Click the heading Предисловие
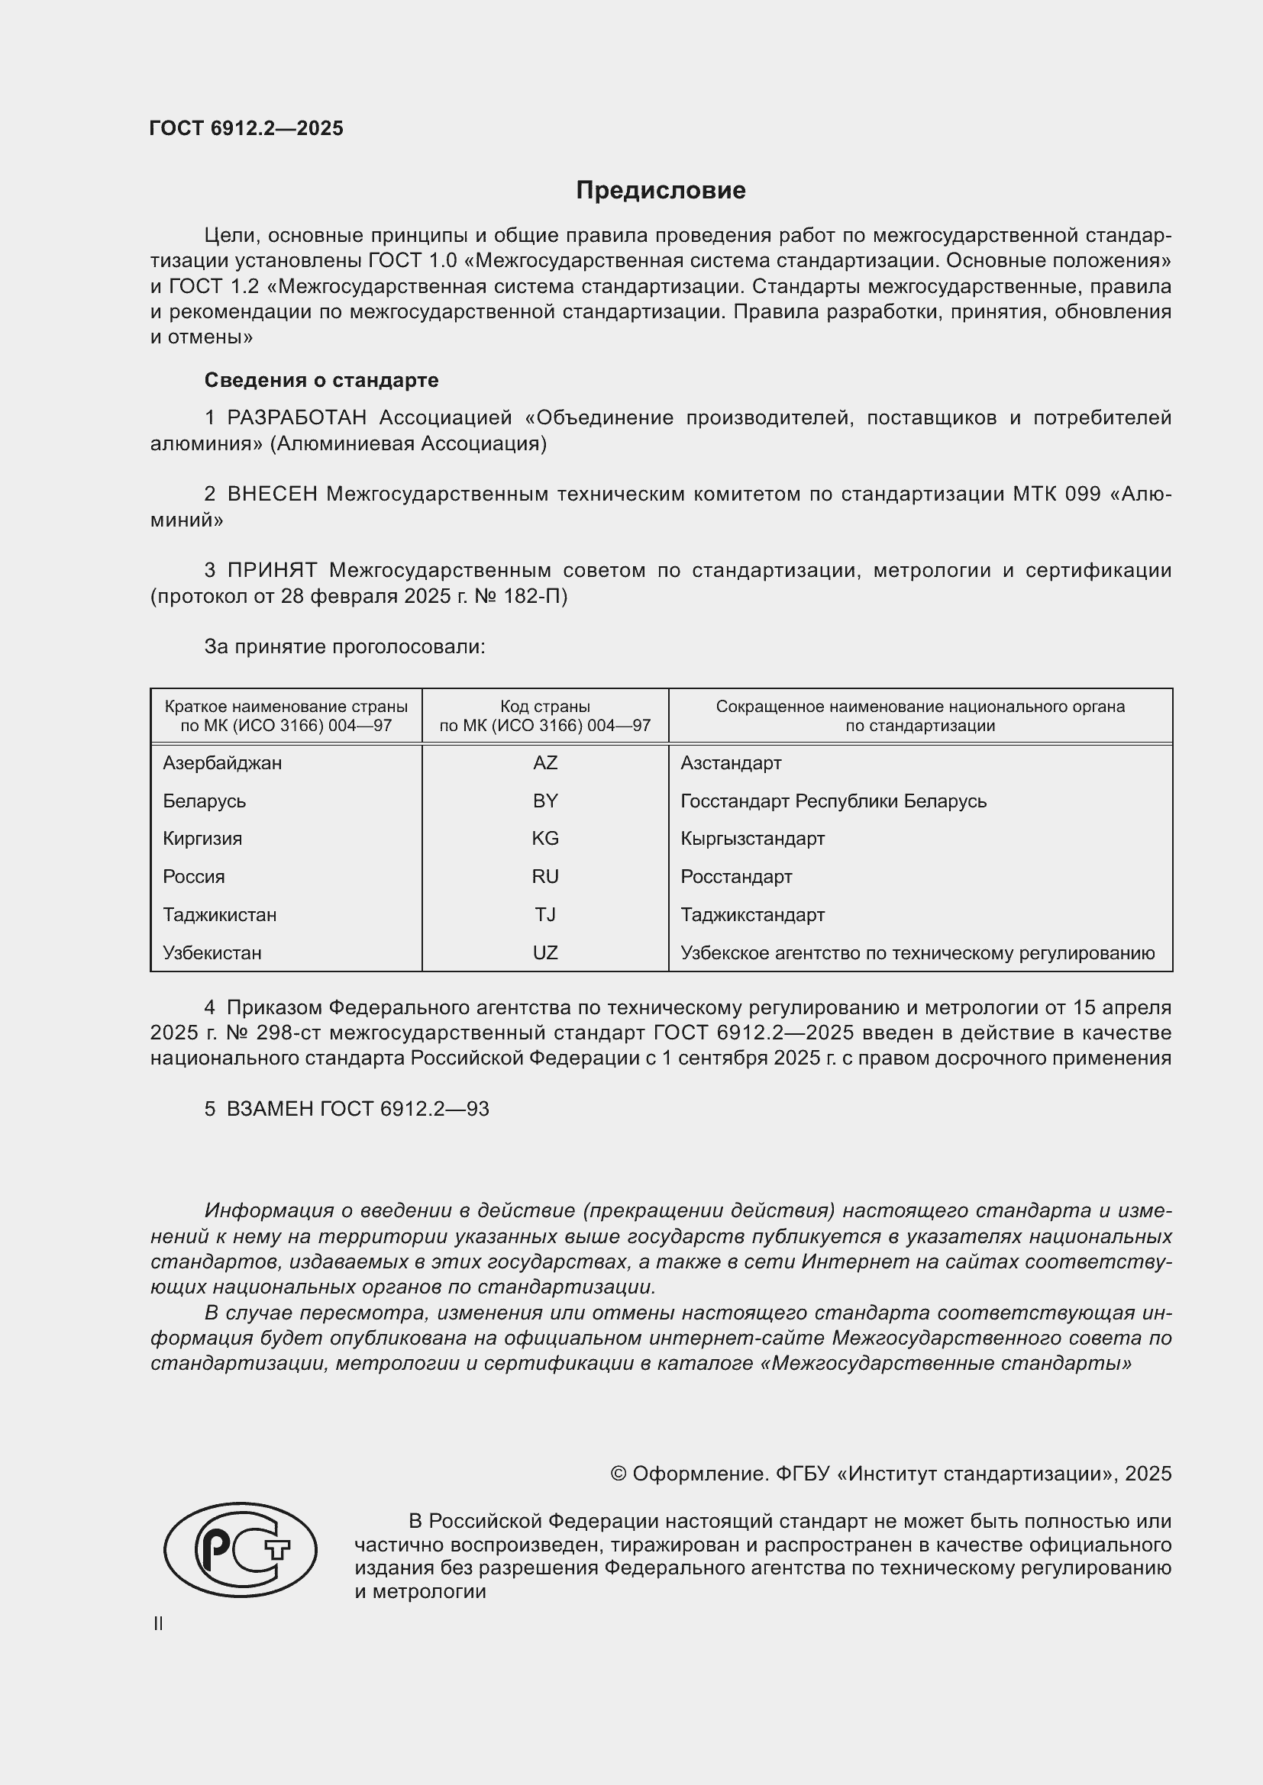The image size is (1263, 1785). [x=661, y=191]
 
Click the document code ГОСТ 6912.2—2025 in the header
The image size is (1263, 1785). [x=246, y=128]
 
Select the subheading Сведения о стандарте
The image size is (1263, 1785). [x=321, y=380]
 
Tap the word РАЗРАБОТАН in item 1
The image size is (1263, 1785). [x=296, y=418]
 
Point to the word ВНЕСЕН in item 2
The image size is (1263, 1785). [x=272, y=495]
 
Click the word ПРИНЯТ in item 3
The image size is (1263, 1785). [x=272, y=571]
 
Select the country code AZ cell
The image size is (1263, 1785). [x=545, y=763]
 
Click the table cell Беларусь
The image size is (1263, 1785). [x=205, y=801]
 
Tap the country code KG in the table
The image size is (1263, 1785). [x=545, y=839]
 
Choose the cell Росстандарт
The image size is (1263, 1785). [x=735, y=877]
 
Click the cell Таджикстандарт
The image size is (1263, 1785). [x=752, y=915]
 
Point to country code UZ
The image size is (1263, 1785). [x=545, y=953]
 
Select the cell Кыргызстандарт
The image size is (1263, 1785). [x=752, y=839]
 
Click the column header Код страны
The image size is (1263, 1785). [x=545, y=707]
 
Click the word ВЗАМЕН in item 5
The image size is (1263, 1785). [x=270, y=1110]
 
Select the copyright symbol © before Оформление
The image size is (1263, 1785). [x=619, y=1474]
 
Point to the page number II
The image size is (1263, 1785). [x=158, y=1624]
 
